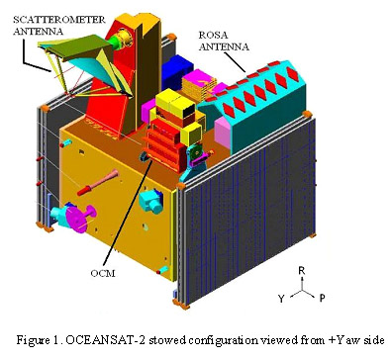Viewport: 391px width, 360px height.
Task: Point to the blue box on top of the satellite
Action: (182, 70)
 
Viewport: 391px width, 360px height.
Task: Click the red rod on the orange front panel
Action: (103, 183)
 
